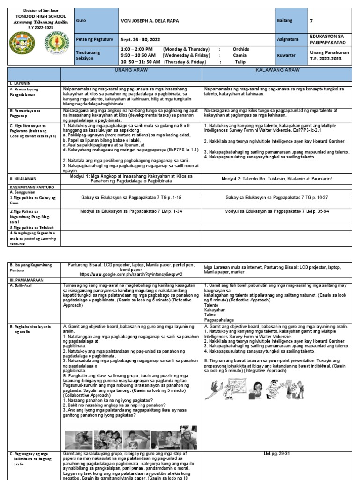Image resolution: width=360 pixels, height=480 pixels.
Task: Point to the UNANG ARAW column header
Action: [x=131, y=69]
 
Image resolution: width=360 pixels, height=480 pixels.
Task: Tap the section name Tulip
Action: [x=240, y=61]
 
